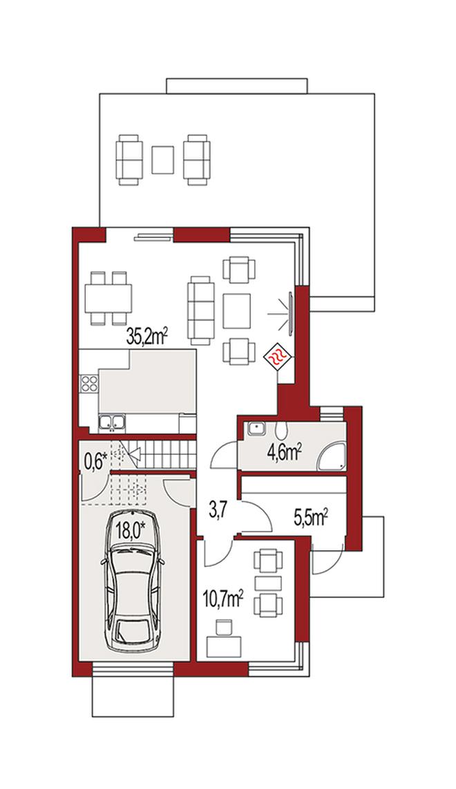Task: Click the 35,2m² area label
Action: point(146,336)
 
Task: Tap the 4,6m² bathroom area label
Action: point(284,452)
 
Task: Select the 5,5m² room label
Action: point(311,517)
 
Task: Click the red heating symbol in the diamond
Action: point(279,358)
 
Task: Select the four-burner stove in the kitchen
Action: point(89,384)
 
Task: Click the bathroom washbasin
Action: point(256,429)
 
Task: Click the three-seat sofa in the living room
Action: point(200,310)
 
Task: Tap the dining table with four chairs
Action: point(108,298)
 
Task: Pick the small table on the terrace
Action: point(163,159)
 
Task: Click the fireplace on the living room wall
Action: point(291,313)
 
